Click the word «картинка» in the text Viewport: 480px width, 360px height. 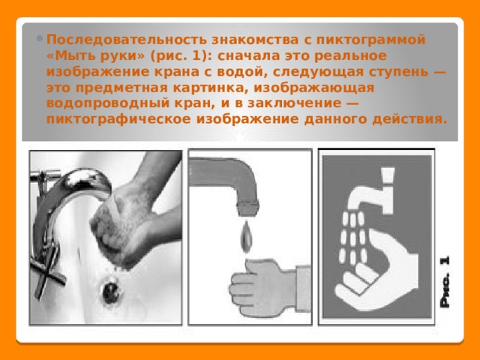coord(211,88)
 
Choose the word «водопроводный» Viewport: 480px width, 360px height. coord(108,103)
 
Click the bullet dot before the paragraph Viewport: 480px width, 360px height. coord(40,39)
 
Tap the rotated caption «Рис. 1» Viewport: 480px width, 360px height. coord(445,282)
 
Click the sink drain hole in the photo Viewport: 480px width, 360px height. coord(110,292)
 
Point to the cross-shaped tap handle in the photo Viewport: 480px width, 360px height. coord(47,272)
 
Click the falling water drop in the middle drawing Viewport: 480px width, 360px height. coord(247,237)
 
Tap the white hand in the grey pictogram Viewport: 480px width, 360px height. coord(377,269)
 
